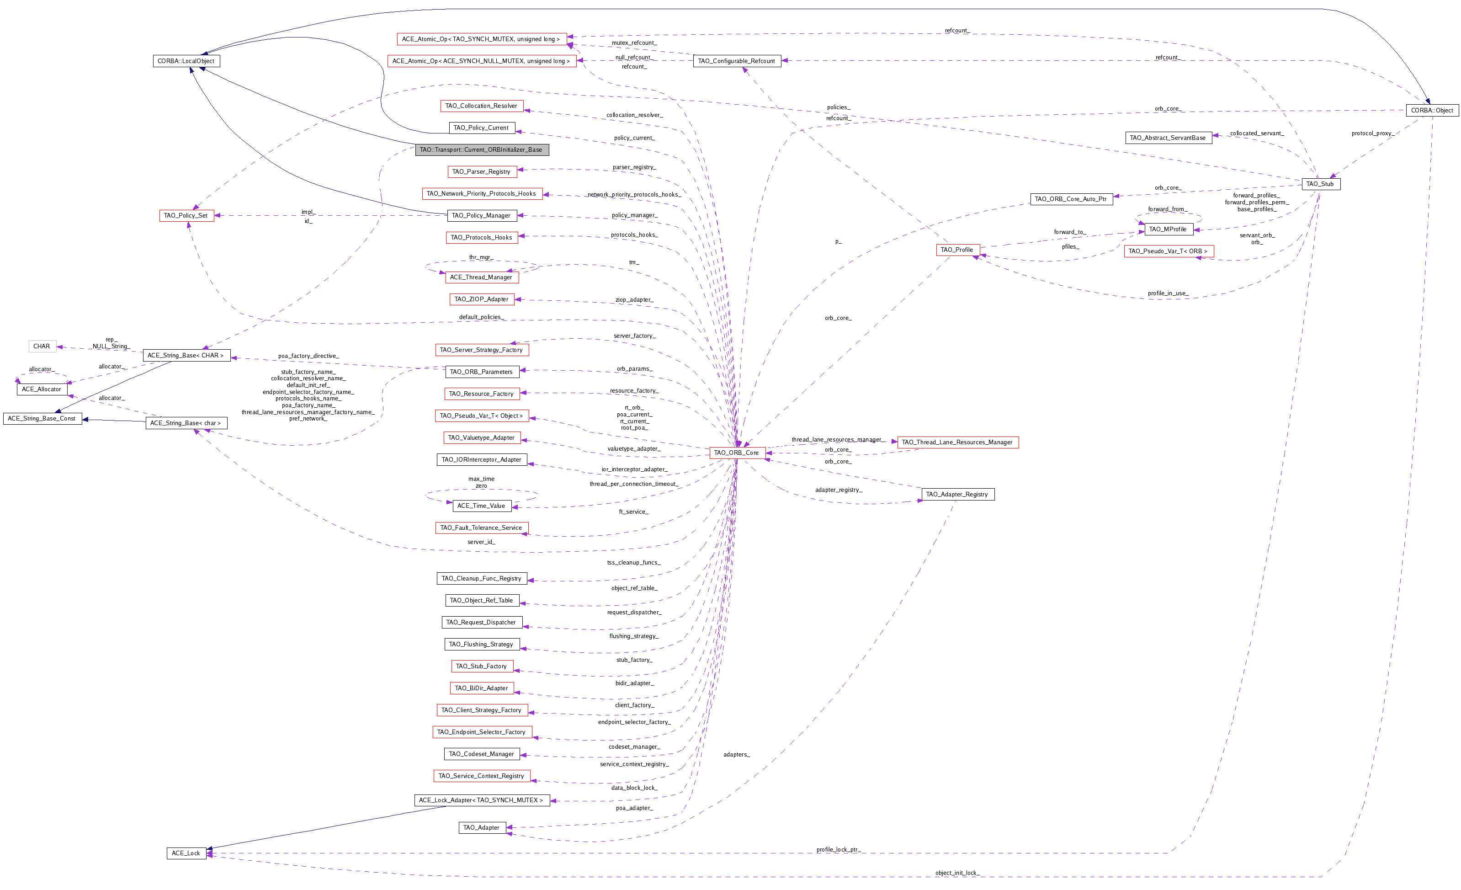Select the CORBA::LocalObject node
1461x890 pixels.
tap(186, 61)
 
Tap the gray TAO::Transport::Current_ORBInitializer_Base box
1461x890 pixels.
tap(482, 150)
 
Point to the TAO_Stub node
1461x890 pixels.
tap(1320, 184)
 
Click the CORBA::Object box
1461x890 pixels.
tap(1431, 110)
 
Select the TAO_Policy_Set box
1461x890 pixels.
tap(186, 216)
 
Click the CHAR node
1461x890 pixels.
tap(42, 346)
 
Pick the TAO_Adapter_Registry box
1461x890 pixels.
tap(957, 495)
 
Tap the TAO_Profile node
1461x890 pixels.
tap(957, 250)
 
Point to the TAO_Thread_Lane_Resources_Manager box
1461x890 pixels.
tap(957, 442)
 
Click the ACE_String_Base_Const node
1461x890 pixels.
tap(42, 419)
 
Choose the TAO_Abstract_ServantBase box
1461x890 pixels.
tap(1168, 138)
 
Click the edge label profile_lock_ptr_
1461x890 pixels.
tap(838, 850)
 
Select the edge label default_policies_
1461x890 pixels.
tap(482, 317)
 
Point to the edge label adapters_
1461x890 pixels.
tap(736, 755)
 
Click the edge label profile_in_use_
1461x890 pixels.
tap(1168, 293)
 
